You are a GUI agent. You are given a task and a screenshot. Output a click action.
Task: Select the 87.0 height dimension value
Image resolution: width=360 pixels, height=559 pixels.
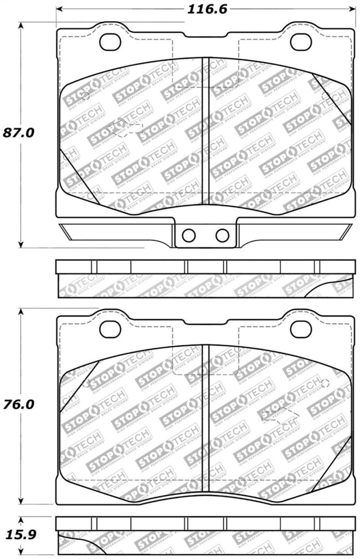pos(18,133)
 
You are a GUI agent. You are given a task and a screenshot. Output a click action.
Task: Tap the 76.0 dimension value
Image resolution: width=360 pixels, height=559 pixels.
pos(18,405)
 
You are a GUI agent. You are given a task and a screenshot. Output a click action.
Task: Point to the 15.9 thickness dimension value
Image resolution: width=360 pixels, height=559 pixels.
pos(18,530)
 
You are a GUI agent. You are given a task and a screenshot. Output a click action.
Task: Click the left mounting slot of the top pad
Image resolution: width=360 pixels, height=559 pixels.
pos(111,42)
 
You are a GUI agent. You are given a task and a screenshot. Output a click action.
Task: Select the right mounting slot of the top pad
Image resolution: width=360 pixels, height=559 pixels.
pos(301,42)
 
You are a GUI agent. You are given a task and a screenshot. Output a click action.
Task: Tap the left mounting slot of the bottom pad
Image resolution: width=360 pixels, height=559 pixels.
pos(111,329)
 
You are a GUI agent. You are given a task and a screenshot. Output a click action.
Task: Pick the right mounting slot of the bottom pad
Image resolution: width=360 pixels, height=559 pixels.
pos(301,329)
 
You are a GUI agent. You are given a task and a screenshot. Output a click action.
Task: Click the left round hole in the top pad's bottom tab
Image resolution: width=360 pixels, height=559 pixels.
pos(189,235)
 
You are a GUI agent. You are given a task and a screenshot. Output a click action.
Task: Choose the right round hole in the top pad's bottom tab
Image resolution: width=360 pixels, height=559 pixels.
pos(221,235)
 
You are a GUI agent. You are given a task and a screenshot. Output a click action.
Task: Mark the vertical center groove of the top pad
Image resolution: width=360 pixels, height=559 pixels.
pos(206,131)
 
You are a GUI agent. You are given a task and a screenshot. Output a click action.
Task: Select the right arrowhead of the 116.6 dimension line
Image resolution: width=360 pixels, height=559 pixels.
pos(351,9)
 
